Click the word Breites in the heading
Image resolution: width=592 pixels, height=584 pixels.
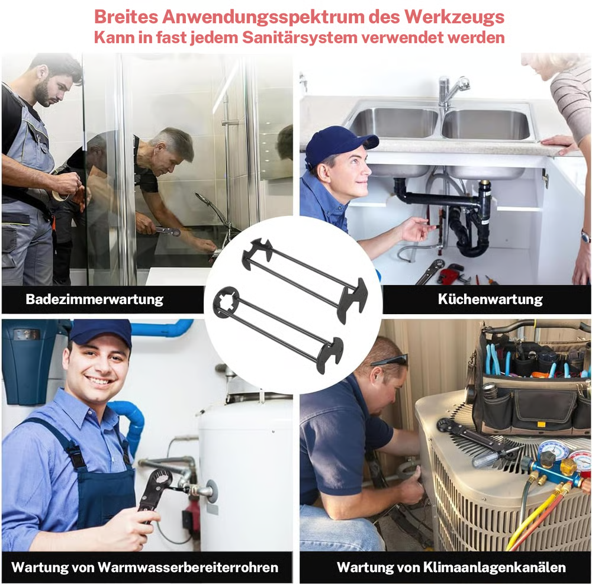pos(126,17)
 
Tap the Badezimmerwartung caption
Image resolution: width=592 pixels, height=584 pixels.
pos(94,299)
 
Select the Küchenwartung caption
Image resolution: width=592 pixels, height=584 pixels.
pos(490,299)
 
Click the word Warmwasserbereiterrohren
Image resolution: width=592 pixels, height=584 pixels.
pos(188,567)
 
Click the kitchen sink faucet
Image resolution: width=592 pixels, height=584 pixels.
pos(452,91)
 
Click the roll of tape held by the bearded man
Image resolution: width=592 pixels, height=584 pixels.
pos(60,195)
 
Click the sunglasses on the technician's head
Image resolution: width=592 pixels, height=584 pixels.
pos(390,360)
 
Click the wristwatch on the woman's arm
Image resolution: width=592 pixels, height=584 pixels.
pos(586,237)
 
